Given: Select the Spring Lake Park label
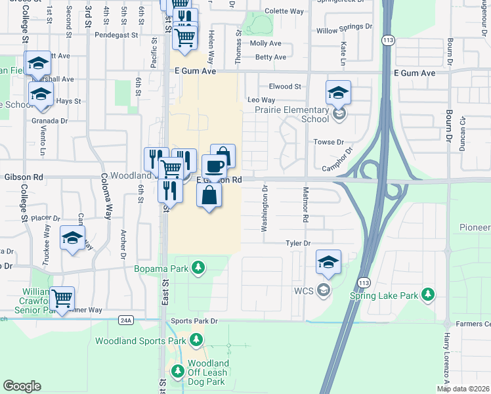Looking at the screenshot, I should (x=393, y=295).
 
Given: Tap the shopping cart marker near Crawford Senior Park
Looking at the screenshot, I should (x=62, y=299).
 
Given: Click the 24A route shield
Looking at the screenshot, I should (x=127, y=320).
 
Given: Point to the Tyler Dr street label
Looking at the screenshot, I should (x=297, y=244).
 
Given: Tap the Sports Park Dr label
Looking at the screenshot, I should (x=194, y=321).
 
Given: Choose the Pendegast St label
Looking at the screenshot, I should (x=117, y=35).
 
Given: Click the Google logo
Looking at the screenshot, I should (x=22, y=386).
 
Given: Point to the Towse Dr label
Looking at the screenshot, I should (x=330, y=142).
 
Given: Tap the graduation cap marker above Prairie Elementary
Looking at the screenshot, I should (x=338, y=93).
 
